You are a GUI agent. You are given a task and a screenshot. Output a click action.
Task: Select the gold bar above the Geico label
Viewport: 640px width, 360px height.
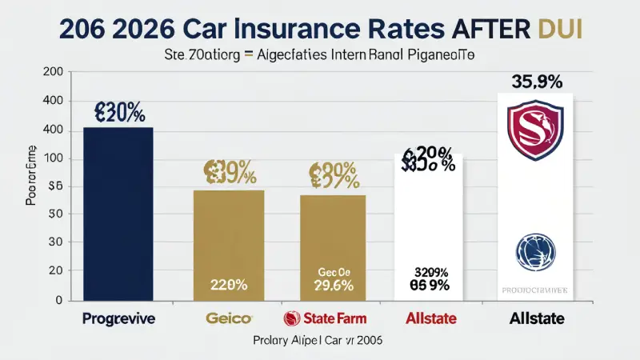[229, 240]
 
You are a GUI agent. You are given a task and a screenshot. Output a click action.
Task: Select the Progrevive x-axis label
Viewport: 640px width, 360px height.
[118, 318]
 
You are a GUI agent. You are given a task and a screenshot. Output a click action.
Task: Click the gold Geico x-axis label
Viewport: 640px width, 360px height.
[229, 318]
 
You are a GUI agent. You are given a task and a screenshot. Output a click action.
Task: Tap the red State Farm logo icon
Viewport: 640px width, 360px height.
[292, 318]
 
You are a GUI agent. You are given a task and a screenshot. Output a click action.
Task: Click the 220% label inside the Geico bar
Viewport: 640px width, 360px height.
[229, 283]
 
